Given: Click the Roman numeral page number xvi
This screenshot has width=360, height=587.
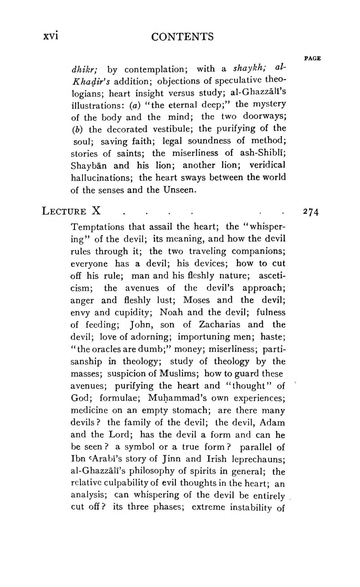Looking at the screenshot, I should [51, 36].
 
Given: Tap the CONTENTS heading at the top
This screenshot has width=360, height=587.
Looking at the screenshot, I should [182, 37].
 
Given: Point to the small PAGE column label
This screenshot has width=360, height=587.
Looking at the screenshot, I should [312, 58].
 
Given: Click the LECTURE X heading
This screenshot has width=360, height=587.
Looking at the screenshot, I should [71, 211].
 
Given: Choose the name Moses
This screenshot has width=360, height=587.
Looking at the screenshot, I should [197, 300].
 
